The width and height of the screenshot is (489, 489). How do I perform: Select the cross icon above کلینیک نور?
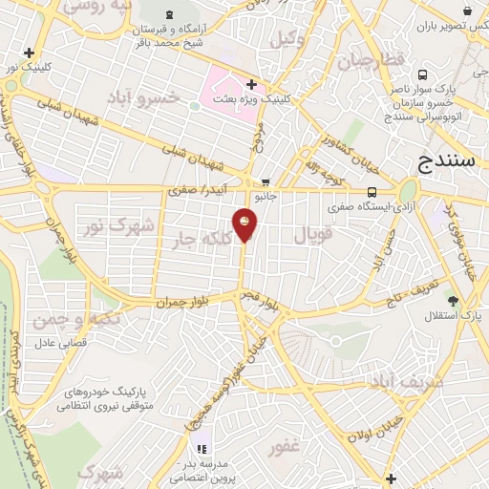click(30, 53)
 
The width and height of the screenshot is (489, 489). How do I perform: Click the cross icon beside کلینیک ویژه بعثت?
click(251, 84)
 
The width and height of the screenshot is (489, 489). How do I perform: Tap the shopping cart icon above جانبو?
click(266, 182)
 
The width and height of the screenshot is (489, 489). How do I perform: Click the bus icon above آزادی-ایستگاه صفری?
click(372, 190)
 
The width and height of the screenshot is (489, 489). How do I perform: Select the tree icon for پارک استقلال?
click(453, 301)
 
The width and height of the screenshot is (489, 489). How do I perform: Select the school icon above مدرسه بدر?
click(202, 449)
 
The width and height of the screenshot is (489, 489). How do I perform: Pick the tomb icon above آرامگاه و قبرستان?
click(170, 14)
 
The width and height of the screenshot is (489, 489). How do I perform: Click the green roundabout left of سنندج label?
click(409, 190)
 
